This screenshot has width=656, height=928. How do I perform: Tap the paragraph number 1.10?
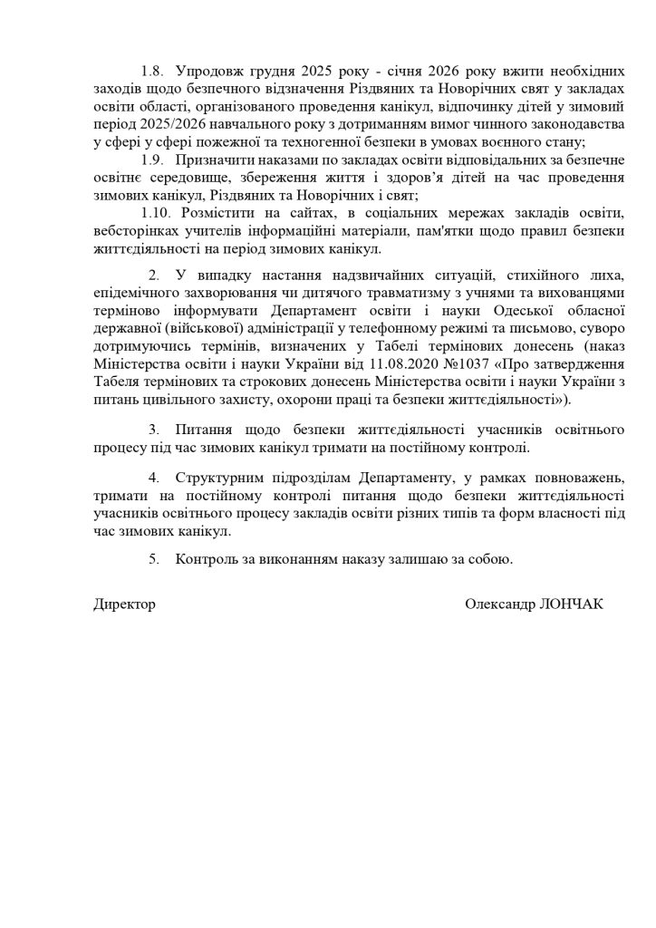(x=163, y=212)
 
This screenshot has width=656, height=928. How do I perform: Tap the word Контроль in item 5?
(x=207, y=559)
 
